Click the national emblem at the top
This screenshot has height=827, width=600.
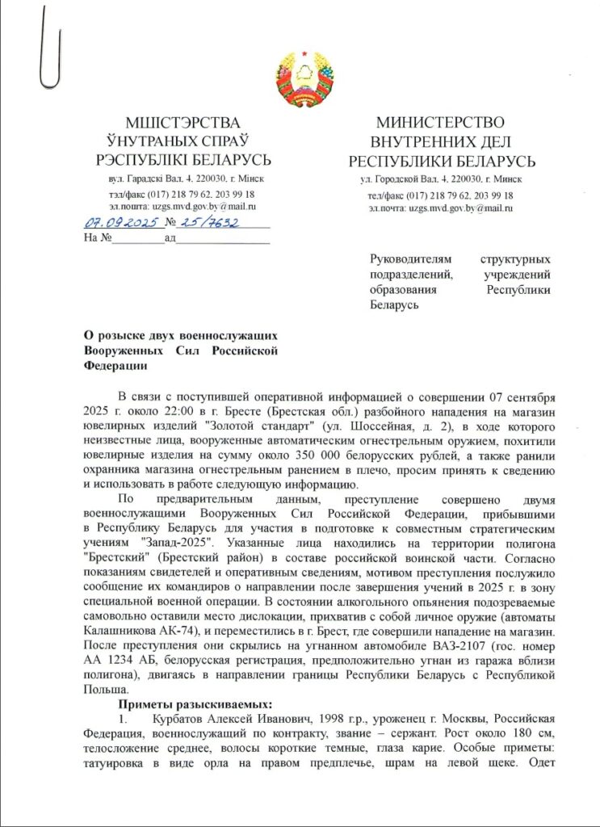pyautogui.click(x=300, y=79)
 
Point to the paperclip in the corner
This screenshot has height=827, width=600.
pyautogui.click(x=51, y=49)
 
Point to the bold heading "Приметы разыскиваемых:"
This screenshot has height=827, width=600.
pyautogui.click(x=191, y=703)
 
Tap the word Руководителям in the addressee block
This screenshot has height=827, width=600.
pyautogui.click(x=412, y=260)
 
